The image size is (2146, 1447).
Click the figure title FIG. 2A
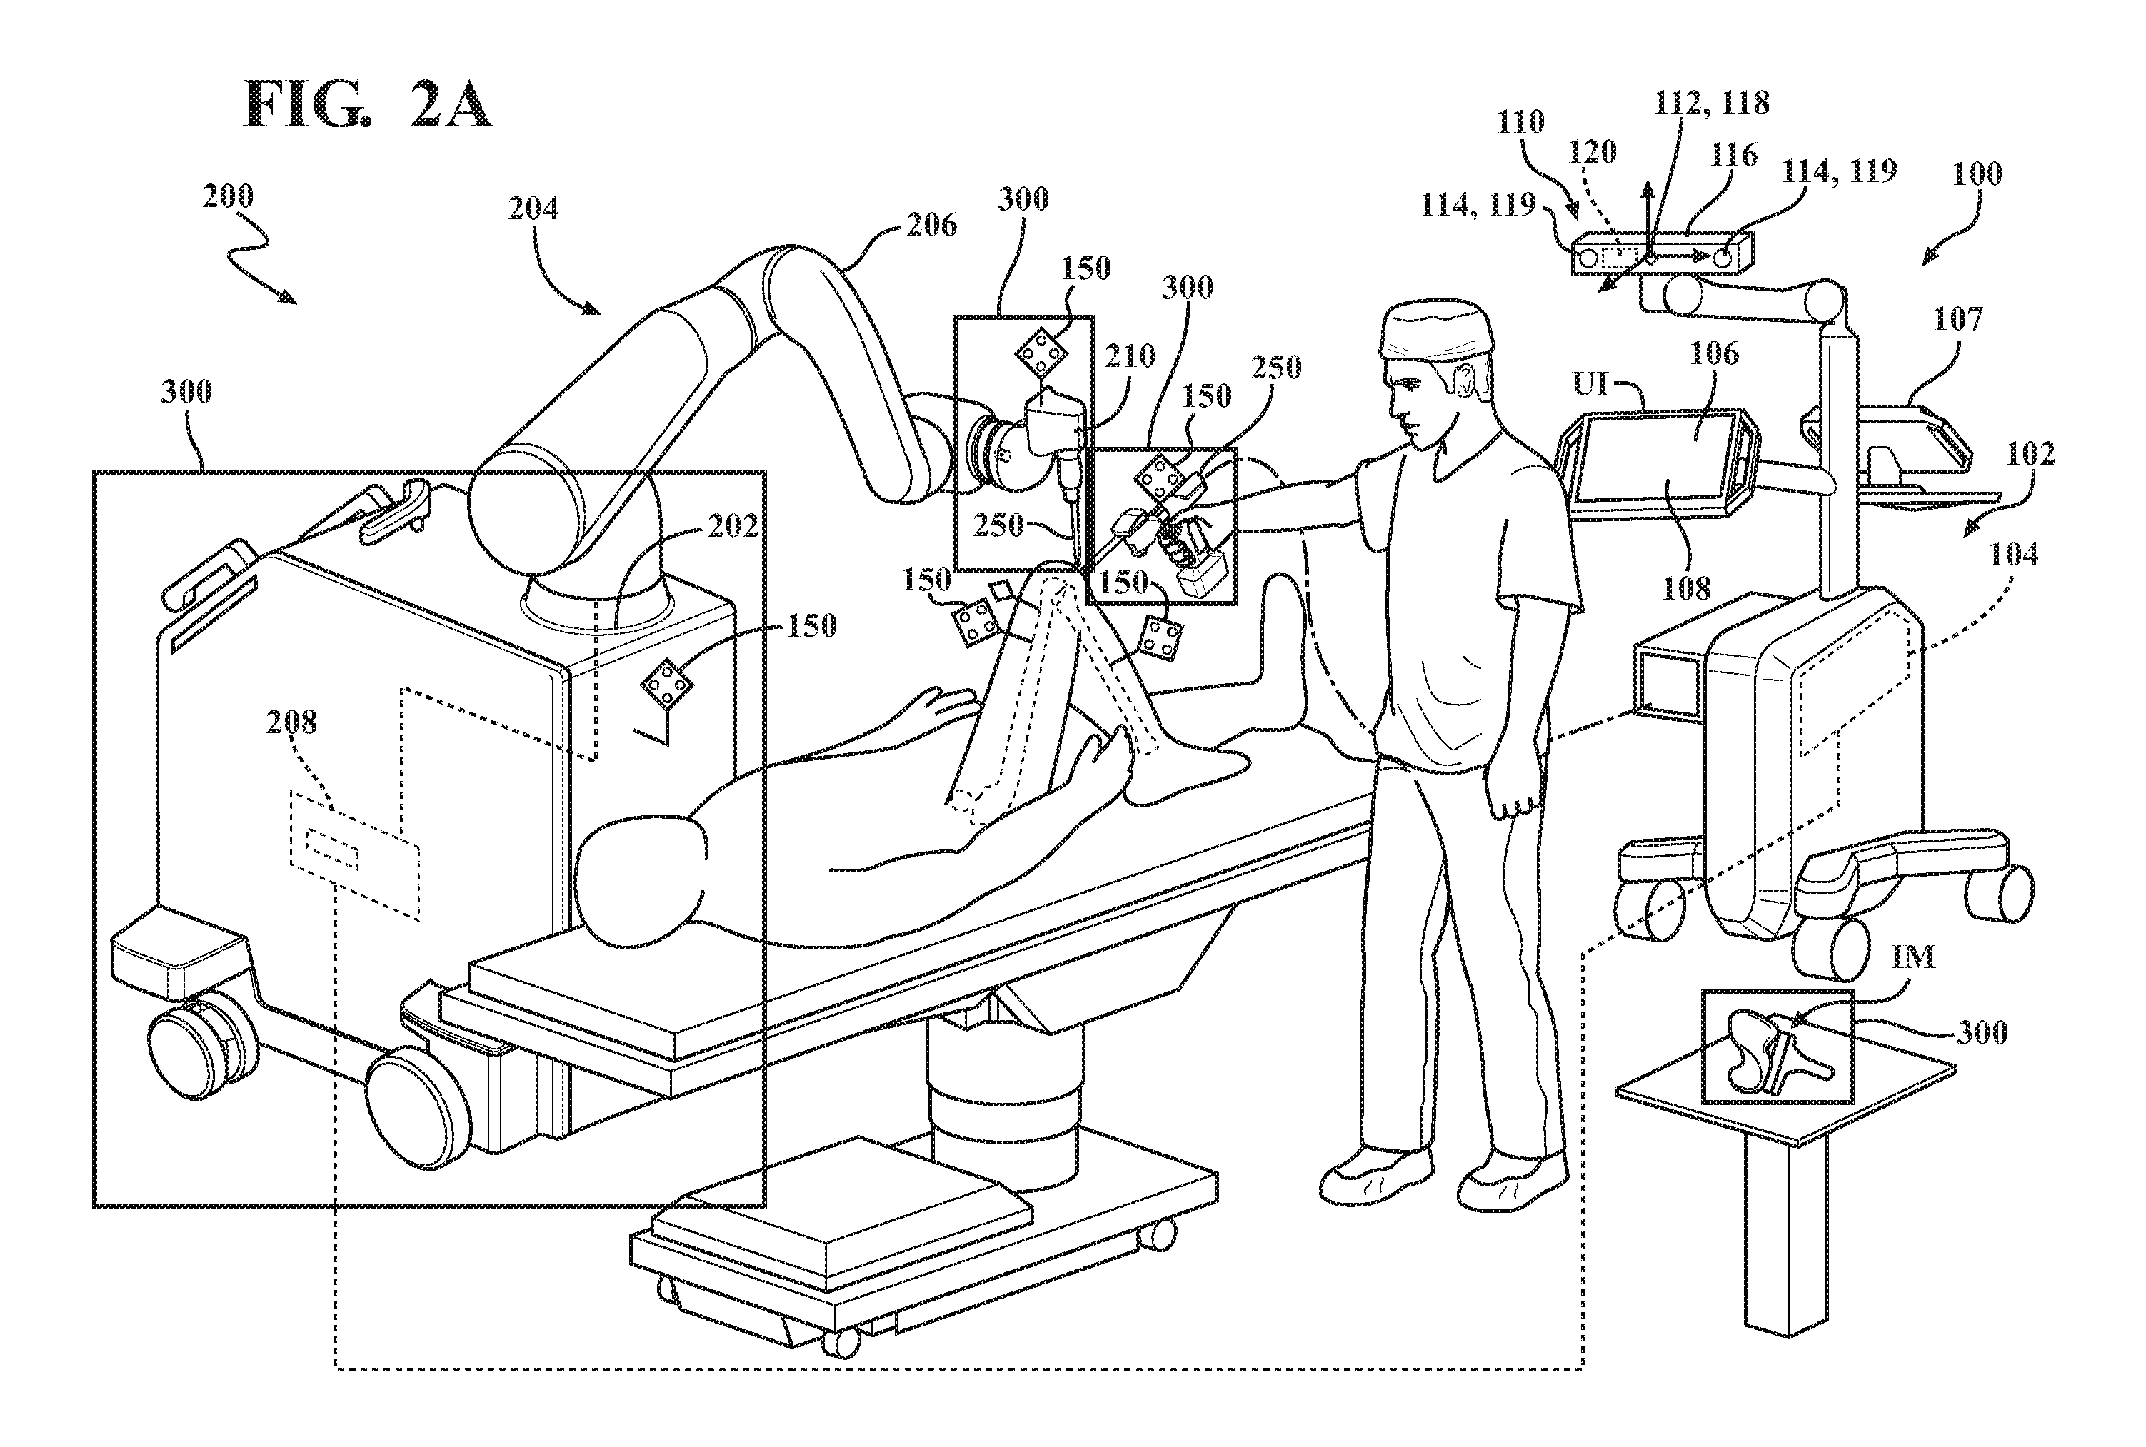[x=367, y=104]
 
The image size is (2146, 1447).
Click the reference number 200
[x=228, y=196]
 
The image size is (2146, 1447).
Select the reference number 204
[x=533, y=208]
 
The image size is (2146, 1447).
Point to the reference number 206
[x=931, y=224]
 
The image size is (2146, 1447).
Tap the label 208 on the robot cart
[x=291, y=722]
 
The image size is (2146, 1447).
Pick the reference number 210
[x=1130, y=356]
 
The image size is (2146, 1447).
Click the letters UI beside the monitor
[x=1590, y=383]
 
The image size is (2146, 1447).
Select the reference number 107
[x=1957, y=319]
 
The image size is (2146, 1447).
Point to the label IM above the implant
[x=1913, y=957]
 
